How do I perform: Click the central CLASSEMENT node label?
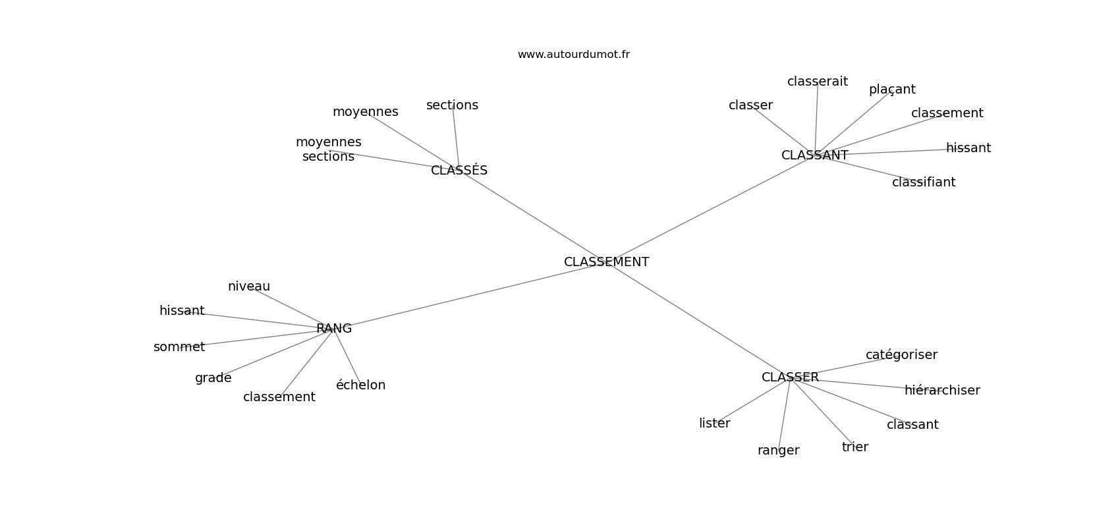click(606, 262)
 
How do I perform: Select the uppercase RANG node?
click(334, 329)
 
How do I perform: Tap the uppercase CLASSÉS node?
click(459, 171)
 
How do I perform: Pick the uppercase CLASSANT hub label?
click(814, 155)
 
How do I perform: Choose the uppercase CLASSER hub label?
click(790, 377)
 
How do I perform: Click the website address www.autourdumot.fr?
click(573, 55)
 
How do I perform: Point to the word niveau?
click(249, 287)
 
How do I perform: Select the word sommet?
click(179, 347)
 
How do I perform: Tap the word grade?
click(213, 378)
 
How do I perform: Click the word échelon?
click(360, 385)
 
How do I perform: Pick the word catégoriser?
click(901, 355)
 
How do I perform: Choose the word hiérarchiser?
click(942, 391)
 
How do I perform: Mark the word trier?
click(854, 447)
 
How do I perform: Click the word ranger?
click(778, 451)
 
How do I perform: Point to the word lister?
click(714, 424)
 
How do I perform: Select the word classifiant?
click(923, 182)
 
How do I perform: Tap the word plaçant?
click(892, 90)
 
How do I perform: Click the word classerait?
click(817, 82)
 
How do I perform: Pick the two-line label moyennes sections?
click(328, 150)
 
